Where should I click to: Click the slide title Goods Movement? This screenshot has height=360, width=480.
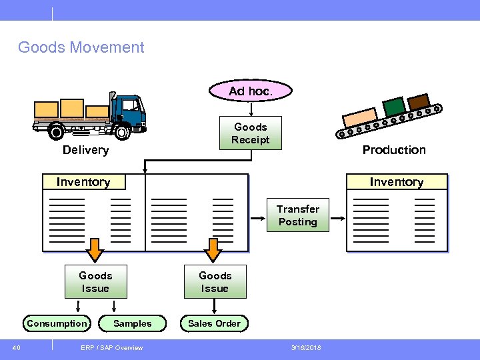[81, 47]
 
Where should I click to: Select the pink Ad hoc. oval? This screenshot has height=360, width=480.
[251, 91]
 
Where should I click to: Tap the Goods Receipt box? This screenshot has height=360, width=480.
[251, 133]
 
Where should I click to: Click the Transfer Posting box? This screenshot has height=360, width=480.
[298, 215]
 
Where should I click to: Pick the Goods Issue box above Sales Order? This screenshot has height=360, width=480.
[215, 282]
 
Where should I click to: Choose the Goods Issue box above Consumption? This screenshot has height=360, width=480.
[95, 282]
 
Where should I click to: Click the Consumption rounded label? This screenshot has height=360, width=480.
[57, 323]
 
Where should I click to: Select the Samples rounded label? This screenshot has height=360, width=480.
[133, 323]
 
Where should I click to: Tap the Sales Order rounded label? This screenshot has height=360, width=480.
[214, 323]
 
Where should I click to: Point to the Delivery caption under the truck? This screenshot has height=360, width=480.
[85, 150]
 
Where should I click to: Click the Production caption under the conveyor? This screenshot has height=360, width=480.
[394, 150]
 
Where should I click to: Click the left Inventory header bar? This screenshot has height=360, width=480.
[83, 182]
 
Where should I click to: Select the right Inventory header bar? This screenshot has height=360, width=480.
[397, 182]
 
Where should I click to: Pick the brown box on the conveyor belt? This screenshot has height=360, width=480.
[418, 102]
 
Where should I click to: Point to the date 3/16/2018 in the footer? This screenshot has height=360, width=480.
[305, 347]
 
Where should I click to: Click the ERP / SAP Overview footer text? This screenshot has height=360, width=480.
[111, 347]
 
